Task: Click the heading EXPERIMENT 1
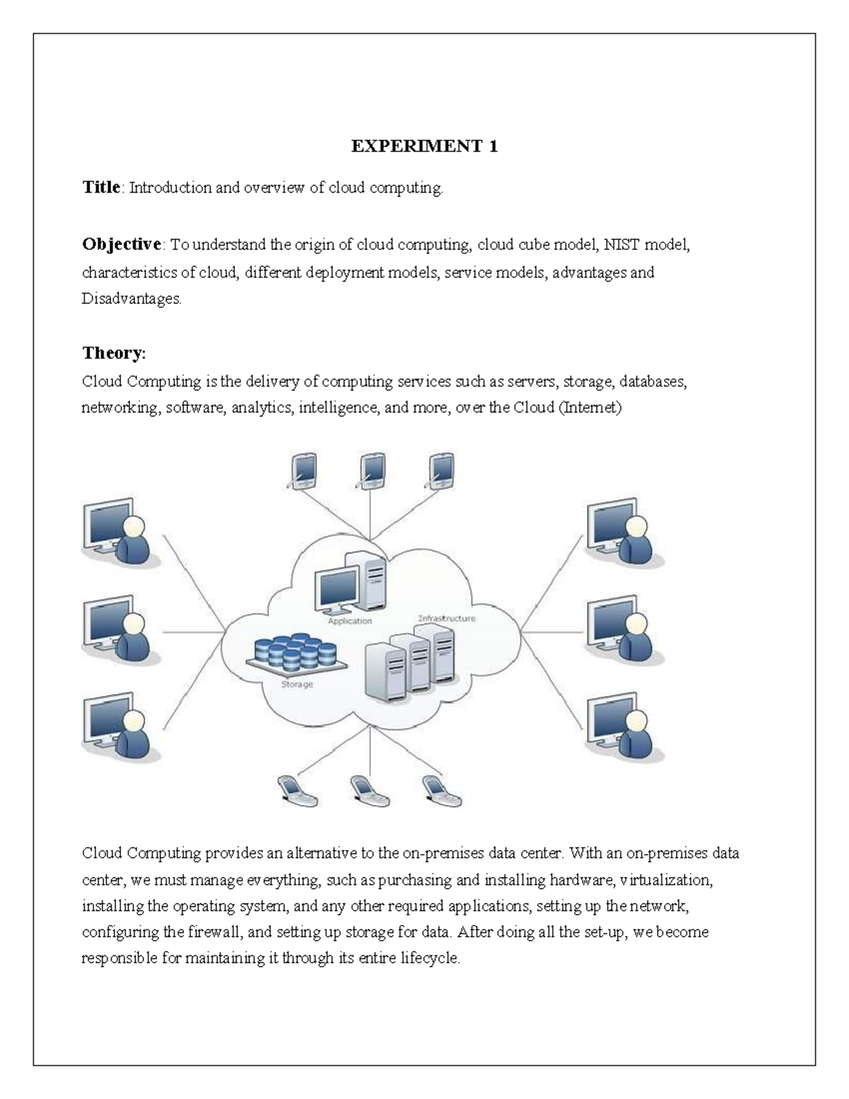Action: click(424, 146)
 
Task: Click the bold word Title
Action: click(101, 188)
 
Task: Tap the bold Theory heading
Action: click(113, 352)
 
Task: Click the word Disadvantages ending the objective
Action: click(131, 299)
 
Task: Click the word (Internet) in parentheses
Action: click(590, 408)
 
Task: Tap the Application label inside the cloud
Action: click(350, 621)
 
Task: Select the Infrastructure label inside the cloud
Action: click(446, 618)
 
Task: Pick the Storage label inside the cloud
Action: click(297, 684)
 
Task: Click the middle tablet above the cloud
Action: click(371, 471)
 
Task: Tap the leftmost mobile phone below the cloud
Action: click(296, 790)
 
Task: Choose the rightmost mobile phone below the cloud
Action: click(442, 790)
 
